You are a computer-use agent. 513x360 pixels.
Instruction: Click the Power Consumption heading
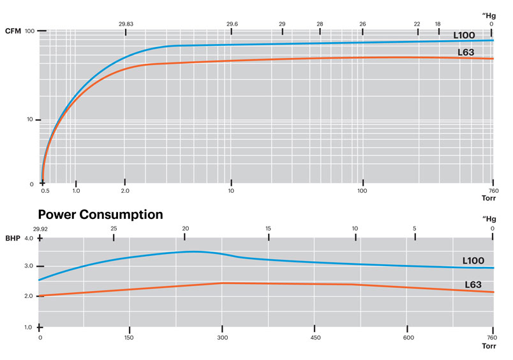click(x=101, y=214)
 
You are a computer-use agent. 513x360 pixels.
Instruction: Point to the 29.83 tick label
click(x=126, y=24)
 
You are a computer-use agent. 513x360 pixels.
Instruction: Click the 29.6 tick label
click(x=232, y=24)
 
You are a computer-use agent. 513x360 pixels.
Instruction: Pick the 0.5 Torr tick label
click(x=45, y=191)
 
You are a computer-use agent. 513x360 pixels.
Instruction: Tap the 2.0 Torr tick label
click(x=125, y=191)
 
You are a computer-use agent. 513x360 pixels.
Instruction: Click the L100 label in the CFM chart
click(x=465, y=35)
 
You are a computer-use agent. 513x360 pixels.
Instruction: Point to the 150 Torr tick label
click(x=130, y=337)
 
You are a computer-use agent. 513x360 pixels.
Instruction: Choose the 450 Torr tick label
click(x=314, y=337)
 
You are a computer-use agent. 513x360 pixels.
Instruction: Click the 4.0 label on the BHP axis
click(x=28, y=238)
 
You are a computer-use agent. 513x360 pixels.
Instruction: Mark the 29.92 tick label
click(x=40, y=229)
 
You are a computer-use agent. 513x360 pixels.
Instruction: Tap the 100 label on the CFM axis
click(x=29, y=31)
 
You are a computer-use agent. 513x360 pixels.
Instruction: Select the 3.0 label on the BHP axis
click(x=28, y=266)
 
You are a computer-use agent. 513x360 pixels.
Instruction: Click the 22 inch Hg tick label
click(x=417, y=24)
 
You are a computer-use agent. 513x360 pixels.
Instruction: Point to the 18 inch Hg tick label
click(x=438, y=24)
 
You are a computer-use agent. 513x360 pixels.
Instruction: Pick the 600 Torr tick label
click(x=406, y=337)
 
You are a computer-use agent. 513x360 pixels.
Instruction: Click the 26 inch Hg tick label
click(x=362, y=24)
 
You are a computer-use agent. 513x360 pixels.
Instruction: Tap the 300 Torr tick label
click(x=222, y=337)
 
